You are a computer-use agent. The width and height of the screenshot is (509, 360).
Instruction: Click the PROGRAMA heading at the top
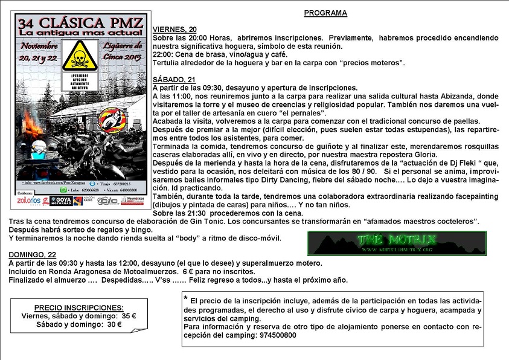pyautogui.click(x=325, y=12)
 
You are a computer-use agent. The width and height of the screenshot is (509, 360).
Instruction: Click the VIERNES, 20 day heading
pyautogui.click(x=174, y=29)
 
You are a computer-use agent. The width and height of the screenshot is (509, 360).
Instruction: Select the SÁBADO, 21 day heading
pyautogui.click(x=174, y=79)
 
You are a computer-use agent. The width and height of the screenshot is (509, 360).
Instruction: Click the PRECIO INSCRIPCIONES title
pyautogui.click(x=78, y=307)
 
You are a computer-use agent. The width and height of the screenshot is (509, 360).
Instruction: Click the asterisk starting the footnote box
pyautogui.click(x=185, y=298)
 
